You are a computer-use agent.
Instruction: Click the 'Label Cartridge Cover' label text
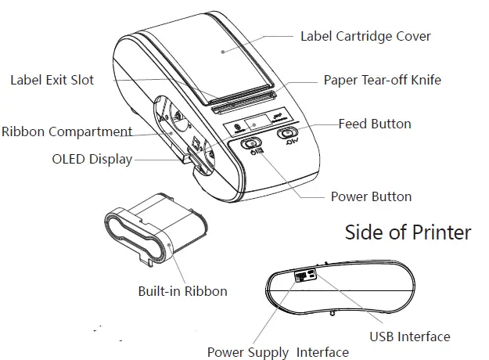click(x=365, y=35)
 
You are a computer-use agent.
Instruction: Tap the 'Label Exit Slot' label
click(x=53, y=79)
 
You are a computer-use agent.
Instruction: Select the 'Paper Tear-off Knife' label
click(x=383, y=80)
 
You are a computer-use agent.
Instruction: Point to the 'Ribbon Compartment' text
click(x=67, y=131)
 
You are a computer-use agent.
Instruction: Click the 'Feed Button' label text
click(x=374, y=124)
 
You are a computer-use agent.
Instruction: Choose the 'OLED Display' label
click(x=92, y=160)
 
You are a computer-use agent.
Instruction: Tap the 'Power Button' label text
click(x=371, y=196)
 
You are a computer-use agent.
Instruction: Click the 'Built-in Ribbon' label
click(x=182, y=291)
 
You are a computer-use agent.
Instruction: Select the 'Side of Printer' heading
click(x=408, y=232)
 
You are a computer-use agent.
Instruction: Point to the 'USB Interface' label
click(x=409, y=337)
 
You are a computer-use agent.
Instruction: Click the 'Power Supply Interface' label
click(x=278, y=352)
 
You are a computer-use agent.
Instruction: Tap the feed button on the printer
click(x=287, y=133)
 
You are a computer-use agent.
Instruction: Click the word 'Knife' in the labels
click(x=424, y=80)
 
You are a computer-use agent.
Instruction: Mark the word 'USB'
click(x=382, y=337)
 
